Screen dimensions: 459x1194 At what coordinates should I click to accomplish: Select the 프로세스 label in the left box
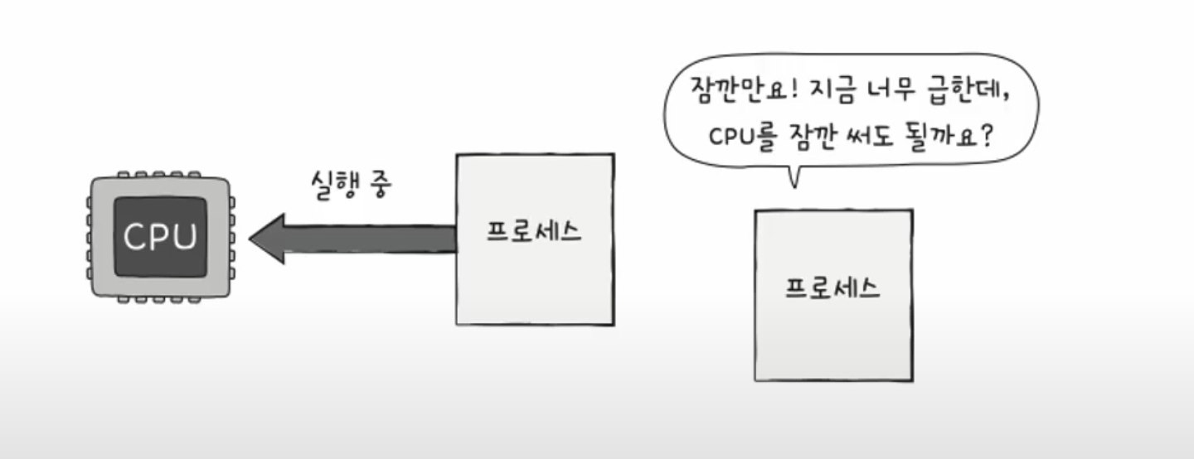(534, 231)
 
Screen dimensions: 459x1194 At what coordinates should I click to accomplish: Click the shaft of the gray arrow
(373, 239)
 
